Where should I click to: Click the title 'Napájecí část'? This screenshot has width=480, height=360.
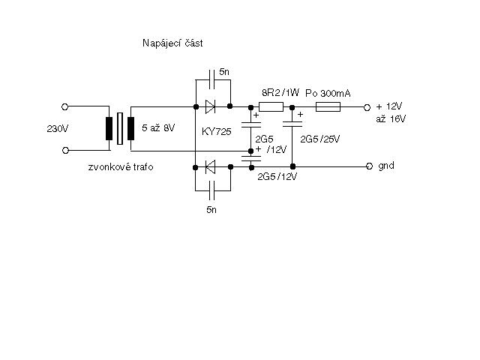[172, 43]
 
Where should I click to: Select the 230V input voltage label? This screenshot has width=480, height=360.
[58, 128]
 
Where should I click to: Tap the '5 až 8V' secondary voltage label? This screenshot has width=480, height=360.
[158, 127]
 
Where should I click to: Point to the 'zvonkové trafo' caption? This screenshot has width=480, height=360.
[121, 166]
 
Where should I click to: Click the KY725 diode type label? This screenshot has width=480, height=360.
[217, 132]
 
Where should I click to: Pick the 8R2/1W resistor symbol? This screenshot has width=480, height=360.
[271, 106]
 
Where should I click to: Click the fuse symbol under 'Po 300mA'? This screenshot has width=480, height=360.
[328, 106]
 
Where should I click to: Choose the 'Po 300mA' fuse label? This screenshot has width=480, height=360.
[328, 93]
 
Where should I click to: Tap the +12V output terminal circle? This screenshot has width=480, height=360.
[367, 107]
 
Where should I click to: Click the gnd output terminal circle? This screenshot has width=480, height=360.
[370, 166]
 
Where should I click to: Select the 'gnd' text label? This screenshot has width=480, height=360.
[386, 166]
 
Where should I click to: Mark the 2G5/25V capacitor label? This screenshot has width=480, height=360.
[320, 139]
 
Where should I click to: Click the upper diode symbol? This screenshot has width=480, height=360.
[210, 106]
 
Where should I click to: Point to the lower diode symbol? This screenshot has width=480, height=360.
[210, 166]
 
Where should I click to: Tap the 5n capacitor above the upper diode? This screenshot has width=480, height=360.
[211, 79]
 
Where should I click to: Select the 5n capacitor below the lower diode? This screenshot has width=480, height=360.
[211, 190]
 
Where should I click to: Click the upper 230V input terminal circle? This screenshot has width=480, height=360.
[64, 106]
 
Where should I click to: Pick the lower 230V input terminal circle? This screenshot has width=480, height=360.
[65, 150]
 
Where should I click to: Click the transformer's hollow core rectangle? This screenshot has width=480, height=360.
[120, 128]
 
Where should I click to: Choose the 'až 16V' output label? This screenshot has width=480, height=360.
[391, 118]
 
